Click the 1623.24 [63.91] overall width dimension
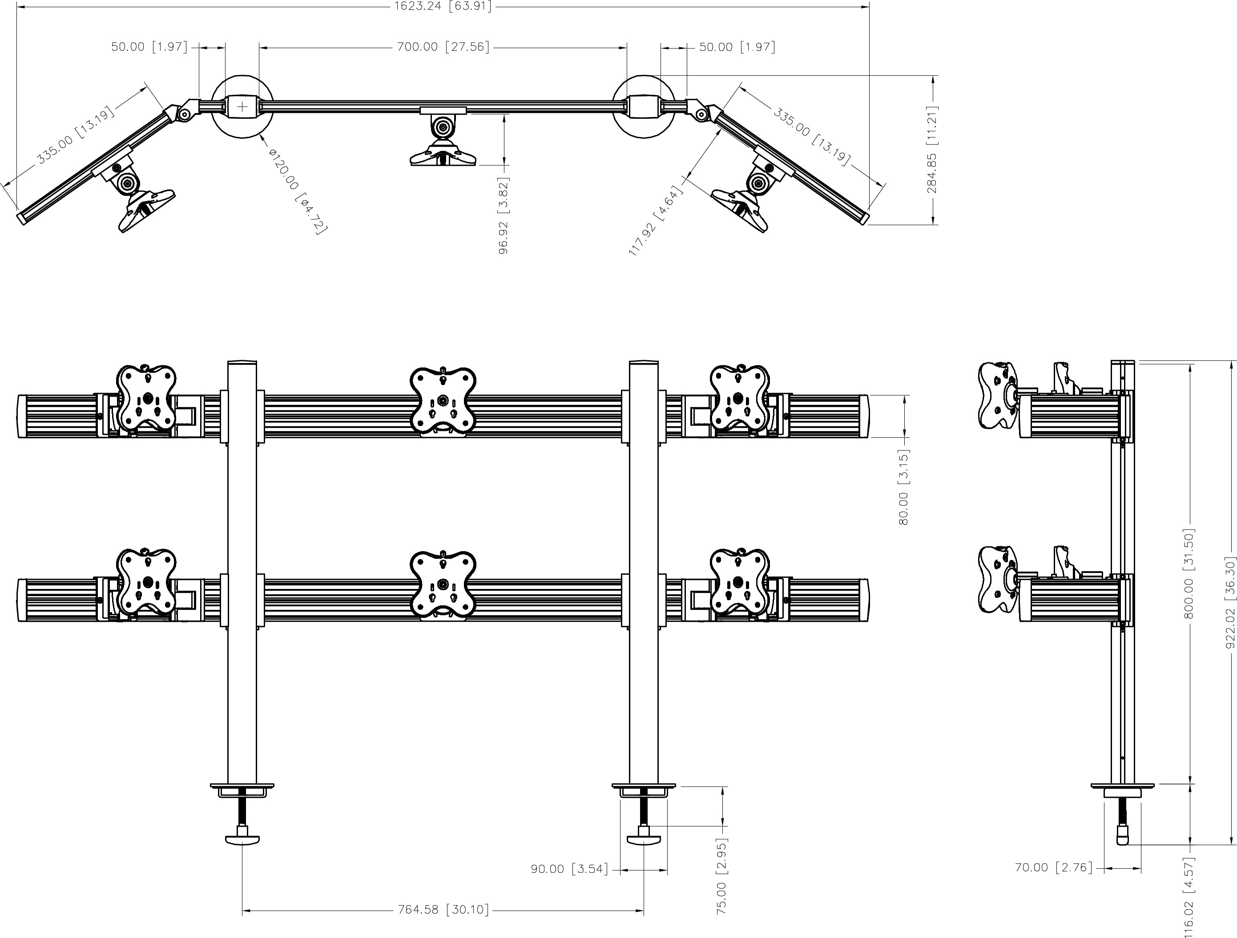pyautogui.click(x=443, y=7)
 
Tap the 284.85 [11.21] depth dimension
pyautogui.click(x=932, y=149)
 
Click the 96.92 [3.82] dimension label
pyautogui.click(x=504, y=215)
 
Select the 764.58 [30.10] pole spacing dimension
pyautogui.click(x=443, y=910)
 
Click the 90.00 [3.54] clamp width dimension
pyautogui.click(x=569, y=869)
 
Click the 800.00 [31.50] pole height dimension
pyautogui.click(x=1189, y=574)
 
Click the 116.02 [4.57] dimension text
pyautogui.click(x=1189, y=897)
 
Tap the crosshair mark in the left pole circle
pyautogui.click(x=242, y=106)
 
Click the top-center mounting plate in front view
pyautogui.click(x=443, y=399)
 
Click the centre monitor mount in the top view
pyautogui.click(x=443, y=139)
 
